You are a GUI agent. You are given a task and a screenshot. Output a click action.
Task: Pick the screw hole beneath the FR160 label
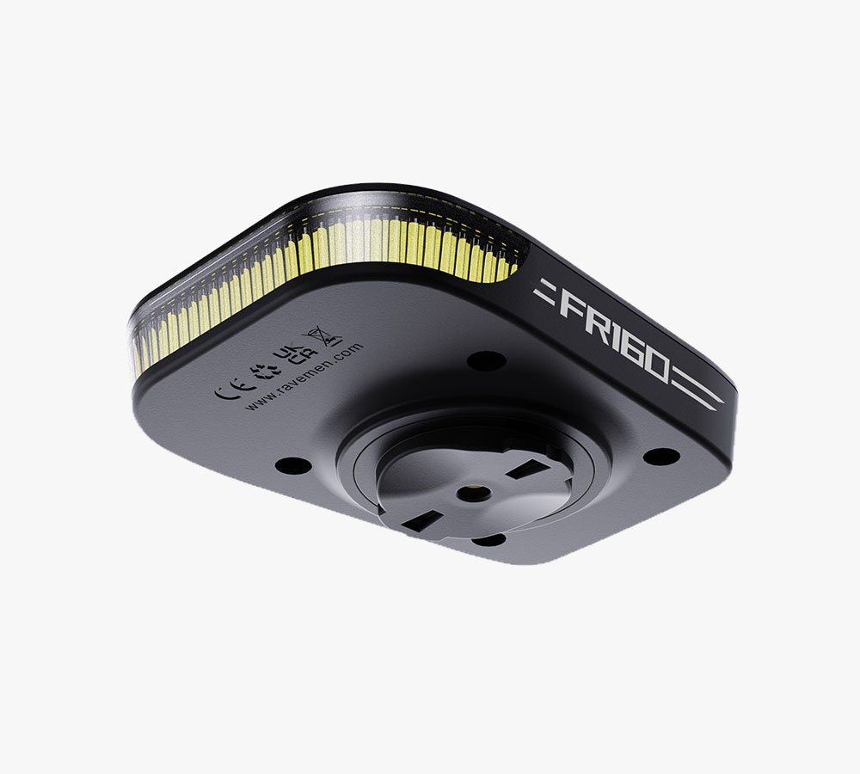[x=660, y=457]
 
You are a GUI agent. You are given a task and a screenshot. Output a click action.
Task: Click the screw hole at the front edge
[x=490, y=540]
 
